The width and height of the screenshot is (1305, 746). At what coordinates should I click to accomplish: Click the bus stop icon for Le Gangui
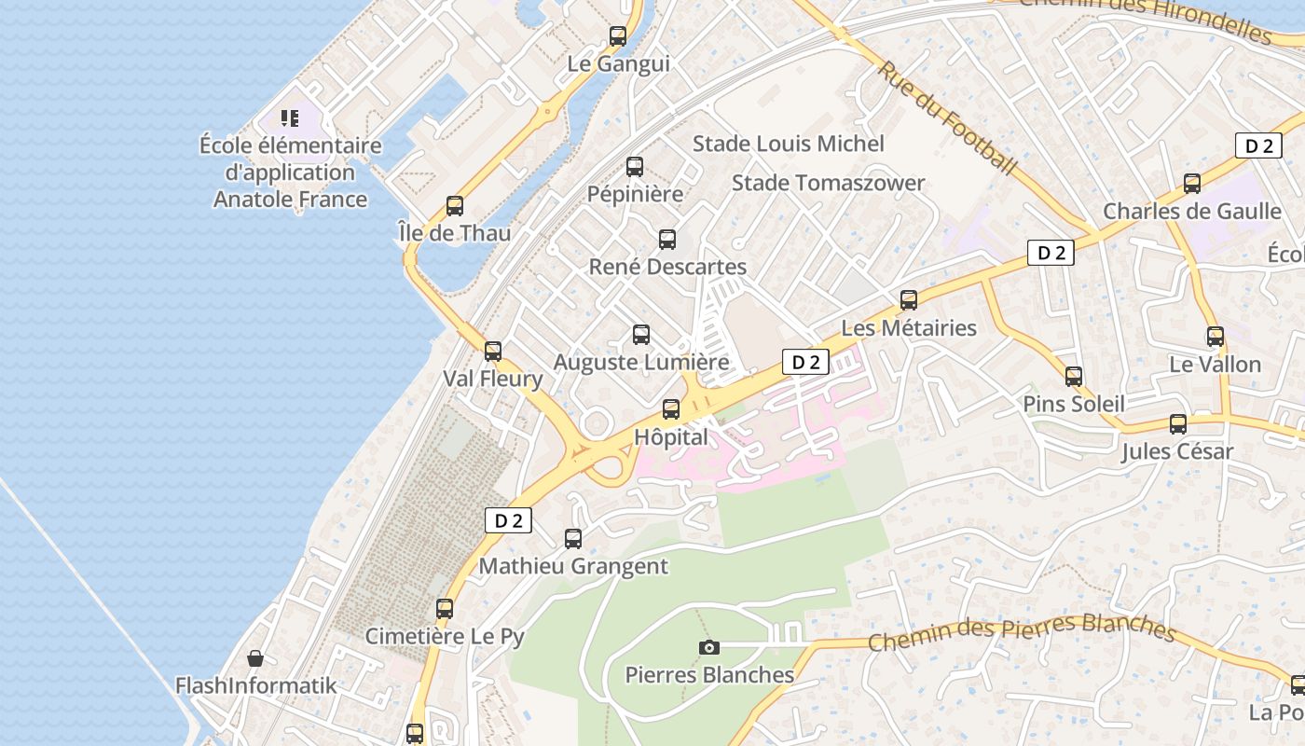pos(617,37)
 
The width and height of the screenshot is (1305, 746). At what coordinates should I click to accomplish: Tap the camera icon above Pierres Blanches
pos(709,647)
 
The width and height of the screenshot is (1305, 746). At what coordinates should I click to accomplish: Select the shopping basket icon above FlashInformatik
pos(254,658)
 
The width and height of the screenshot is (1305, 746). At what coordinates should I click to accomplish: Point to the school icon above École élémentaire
pos(290,118)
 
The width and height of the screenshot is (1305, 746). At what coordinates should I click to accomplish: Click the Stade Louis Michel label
pos(788,144)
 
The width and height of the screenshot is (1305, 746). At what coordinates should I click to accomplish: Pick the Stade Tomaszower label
pos(828,183)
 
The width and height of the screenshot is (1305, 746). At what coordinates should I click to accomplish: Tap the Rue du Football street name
pos(946,118)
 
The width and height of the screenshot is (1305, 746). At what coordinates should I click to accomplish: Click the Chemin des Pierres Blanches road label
pos(1021,633)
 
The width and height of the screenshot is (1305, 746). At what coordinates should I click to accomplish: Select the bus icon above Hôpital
pos(671,409)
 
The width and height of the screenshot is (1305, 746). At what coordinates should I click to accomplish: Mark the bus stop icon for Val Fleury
pos(493,352)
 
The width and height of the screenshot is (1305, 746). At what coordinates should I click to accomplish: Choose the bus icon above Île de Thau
pos(455,206)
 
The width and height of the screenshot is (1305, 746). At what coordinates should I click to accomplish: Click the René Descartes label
pos(667,267)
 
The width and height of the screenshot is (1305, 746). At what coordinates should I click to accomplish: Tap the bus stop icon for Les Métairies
pos(909,300)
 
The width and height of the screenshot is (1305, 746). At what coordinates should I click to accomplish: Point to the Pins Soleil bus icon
pos(1074,377)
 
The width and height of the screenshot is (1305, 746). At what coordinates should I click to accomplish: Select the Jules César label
pos(1177,451)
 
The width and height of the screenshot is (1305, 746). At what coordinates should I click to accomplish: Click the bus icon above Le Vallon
pos(1216,337)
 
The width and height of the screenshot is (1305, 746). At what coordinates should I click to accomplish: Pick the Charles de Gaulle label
pos(1191,211)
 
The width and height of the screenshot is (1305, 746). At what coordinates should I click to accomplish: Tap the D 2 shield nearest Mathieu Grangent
pos(508,520)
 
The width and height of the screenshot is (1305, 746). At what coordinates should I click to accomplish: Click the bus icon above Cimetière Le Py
pos(445,609)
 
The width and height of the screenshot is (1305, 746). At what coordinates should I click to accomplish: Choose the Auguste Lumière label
pos(641,362)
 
